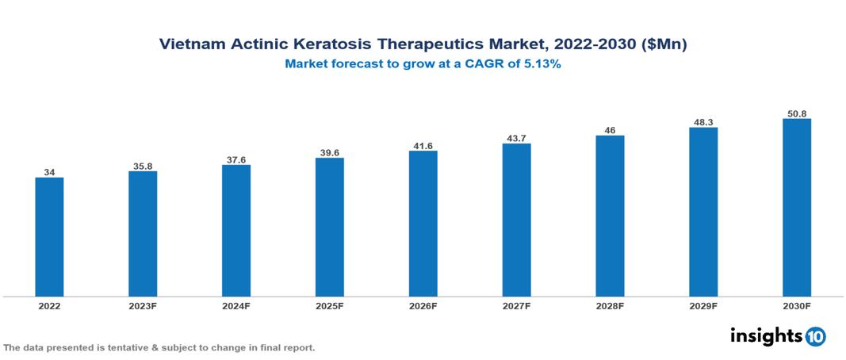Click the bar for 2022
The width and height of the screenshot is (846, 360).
tap(49, 237)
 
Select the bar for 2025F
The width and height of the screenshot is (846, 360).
tap(329, 228)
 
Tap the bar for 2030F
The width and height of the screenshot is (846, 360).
tap(796, 208)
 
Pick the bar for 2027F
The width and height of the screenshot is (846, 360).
tap(516, 220)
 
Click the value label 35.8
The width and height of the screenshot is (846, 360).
tap(143, 167)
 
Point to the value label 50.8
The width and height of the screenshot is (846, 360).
tap(796, 113)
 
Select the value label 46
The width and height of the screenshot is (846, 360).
tap(610, 130)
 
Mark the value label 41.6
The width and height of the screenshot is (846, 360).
tap(423, 146)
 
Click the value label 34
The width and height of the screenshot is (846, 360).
tap(49, 172)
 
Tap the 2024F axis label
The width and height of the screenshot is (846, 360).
tap(236, 305)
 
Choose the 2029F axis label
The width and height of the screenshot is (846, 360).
tap(703, 305)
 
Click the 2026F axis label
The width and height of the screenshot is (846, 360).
tap(423, 305)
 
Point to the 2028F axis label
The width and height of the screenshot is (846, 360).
tap(610, 305)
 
